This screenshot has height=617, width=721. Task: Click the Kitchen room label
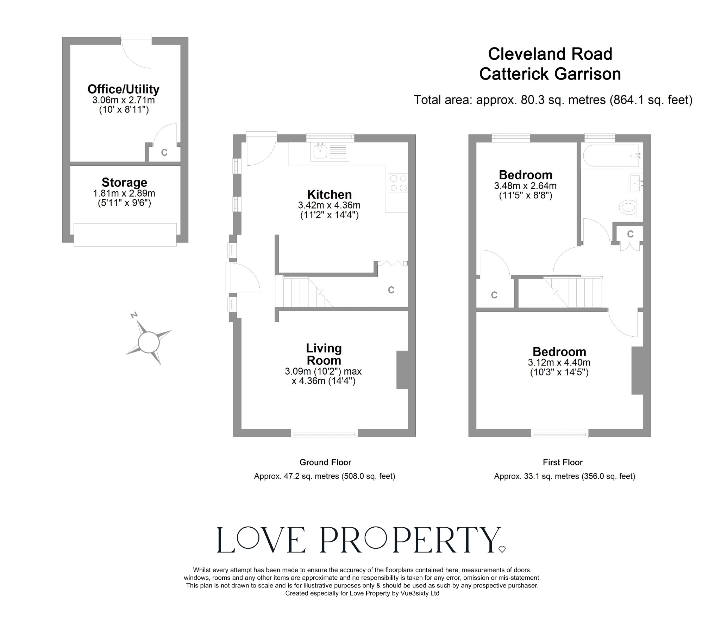coord(329,195)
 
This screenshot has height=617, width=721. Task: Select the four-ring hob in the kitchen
coord(398,183)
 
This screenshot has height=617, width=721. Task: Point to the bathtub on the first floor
coord(611,155)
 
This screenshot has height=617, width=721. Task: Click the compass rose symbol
coord(148,342)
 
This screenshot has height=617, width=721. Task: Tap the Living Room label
coord(324,354)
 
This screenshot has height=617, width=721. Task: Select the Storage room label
coord(124,183)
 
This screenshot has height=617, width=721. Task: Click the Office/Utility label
coord(124,89)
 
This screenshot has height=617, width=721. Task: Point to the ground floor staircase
coord(303,292)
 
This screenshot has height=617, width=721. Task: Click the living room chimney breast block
coord(402,369)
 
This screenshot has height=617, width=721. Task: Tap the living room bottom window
coord(324,434)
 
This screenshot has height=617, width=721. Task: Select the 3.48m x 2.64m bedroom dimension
coord(525,186)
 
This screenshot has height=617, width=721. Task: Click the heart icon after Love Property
coord(502,549)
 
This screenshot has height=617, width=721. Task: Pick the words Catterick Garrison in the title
coord(550,74)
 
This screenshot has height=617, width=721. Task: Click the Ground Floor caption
coord(325,462)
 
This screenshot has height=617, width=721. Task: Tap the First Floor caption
coord(563,462)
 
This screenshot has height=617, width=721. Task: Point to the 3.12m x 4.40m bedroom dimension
coord(559,362)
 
